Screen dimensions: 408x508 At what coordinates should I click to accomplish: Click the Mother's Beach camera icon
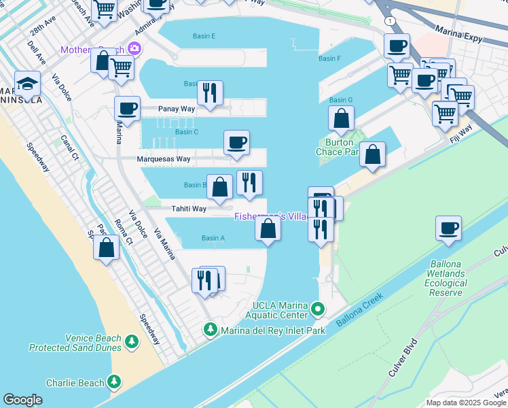[134, 48]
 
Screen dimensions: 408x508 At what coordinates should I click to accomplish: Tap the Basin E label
[204, 36]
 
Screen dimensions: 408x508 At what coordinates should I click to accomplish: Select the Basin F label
[329, 58]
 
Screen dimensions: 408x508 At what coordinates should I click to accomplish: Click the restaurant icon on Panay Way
[210, 92]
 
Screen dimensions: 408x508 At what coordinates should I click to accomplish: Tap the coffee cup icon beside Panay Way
[127, 108]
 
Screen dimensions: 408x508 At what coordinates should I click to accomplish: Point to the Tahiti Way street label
[188, 209]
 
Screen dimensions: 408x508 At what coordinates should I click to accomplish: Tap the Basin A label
[213, 238]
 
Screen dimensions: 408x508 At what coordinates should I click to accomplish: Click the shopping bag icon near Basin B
[219, 187]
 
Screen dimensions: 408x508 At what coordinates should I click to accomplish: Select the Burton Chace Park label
[337, 148]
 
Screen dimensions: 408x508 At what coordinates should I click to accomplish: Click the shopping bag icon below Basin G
[341, 118]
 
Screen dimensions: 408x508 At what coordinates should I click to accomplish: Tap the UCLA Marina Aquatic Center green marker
[317, 310]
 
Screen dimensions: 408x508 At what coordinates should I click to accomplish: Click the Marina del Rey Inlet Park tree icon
[211, 330]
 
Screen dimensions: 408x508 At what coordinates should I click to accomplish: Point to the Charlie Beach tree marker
[115, 382]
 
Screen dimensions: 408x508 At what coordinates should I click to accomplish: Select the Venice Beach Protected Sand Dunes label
[75, 343]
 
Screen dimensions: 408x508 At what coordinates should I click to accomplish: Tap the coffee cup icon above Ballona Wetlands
[448, 228]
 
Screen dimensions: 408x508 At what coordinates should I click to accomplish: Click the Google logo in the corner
[22, 400]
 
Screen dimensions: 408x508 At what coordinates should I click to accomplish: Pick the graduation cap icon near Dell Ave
[28, 83]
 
